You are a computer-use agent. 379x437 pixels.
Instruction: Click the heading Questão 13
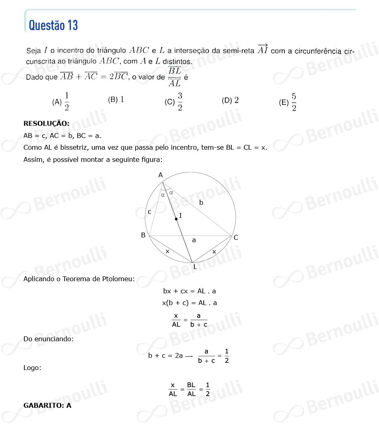[x=53, y=25]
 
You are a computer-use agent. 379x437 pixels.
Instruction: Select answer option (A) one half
[x=61, y=102]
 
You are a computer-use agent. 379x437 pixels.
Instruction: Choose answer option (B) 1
[x=116, y=100]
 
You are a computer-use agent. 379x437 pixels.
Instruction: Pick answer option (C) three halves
[x=174, y=102]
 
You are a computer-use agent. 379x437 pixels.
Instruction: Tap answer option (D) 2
[x=230, y=100]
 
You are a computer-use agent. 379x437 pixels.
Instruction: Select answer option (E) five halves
[x=288, y=102]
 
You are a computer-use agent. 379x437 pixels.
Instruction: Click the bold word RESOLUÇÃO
[x=46, y=123]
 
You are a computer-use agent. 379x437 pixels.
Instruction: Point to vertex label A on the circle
[x=160, y=175]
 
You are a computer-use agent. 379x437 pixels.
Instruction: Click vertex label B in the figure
[x=143, y=235]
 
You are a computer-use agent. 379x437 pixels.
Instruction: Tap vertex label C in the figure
[x=236, y=238]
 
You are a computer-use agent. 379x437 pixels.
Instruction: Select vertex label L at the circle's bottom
[x=195, y=267]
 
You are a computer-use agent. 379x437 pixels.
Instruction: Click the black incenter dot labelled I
[x=176, y=219]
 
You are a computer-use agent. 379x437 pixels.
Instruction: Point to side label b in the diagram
[x=201, y=202]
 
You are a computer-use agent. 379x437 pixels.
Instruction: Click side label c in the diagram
[x=149, y=212]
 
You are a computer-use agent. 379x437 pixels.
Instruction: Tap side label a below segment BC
[x=194, y=240]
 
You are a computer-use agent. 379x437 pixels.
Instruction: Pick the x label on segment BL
[x=167, y=252]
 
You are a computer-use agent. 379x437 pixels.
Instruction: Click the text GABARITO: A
[x=47, y=405]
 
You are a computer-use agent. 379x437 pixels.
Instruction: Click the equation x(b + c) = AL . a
[x=189, y=303]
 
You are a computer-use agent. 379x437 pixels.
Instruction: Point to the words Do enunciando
[x=48, y=338]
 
